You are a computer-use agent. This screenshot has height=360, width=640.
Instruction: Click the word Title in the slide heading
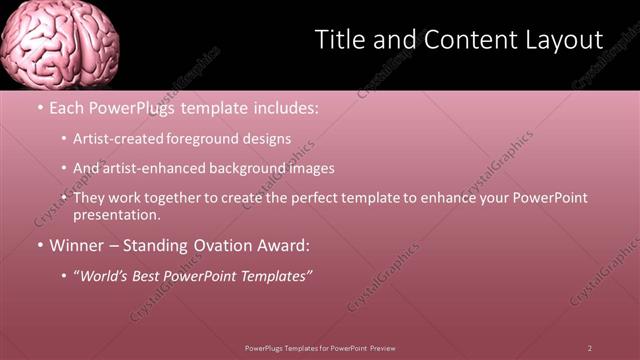tap(339, 40)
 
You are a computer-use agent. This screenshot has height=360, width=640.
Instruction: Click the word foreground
tap(216, 139)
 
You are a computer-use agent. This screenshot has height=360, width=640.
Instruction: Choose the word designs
tap(269, 139)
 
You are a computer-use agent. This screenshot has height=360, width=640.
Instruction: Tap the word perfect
tap(314, 198)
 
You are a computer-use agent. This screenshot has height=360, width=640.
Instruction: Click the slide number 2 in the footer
tap(590, 347)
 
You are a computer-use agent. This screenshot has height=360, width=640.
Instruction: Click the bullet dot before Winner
tap(39, 245)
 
